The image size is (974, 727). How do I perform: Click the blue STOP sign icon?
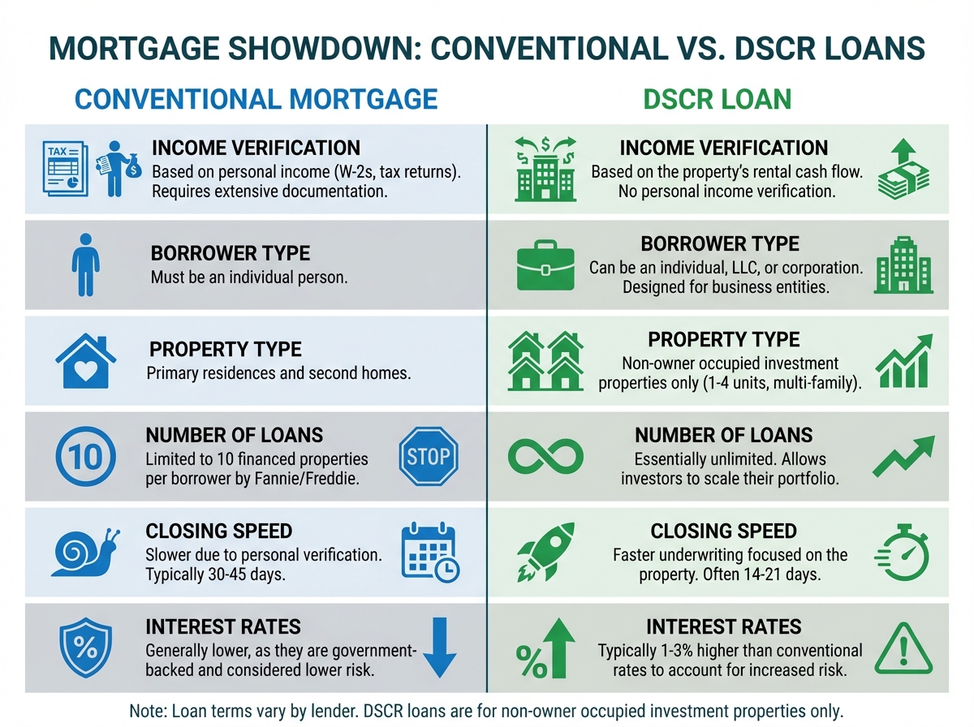(x=429, y=456)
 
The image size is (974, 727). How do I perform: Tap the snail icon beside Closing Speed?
(x=85, y=553)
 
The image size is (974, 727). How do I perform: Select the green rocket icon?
(x=545, y=552)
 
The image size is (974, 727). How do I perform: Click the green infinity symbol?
(x=545, y=456)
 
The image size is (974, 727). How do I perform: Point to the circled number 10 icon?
(x=86, y=457)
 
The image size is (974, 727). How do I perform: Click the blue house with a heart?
(x=86, y=361)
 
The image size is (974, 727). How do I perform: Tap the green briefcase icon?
(x=545, y=265)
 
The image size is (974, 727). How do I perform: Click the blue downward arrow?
(x=439, y=647)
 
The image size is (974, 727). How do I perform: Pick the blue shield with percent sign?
(x=86, y=647)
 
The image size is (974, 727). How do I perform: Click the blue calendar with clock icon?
(x=430, y=552)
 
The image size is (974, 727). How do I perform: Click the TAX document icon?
(x=65, y=169)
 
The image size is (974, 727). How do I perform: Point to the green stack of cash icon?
(x=903, y=174)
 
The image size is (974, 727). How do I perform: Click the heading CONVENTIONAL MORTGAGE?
(x=256, y=99)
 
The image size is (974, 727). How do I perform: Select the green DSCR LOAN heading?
(x=717, y=99)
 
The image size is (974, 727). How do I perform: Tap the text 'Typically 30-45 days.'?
(x=215, y=574)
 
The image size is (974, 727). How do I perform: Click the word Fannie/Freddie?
(x=307, y=479)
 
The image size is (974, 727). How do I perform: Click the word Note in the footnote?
(x=148, y=711)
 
